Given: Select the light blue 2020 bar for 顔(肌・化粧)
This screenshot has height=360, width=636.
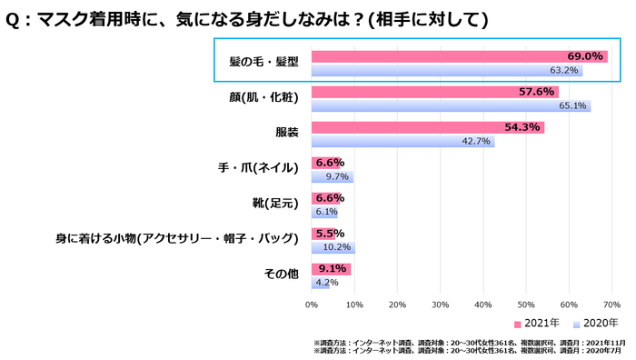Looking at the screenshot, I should (x=451, y=105).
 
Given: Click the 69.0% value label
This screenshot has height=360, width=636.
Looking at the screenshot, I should (x=585, y=56).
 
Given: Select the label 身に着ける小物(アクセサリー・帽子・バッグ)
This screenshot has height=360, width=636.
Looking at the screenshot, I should (x=178, y=238).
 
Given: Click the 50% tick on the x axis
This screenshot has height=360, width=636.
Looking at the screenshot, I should (x=526, y=305).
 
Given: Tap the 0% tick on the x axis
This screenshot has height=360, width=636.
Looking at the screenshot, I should (x=312, y=305).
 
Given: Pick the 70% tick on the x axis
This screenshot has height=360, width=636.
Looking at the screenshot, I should (x=611, y=305).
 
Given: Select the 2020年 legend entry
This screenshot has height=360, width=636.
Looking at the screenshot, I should (x=596, y=324).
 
